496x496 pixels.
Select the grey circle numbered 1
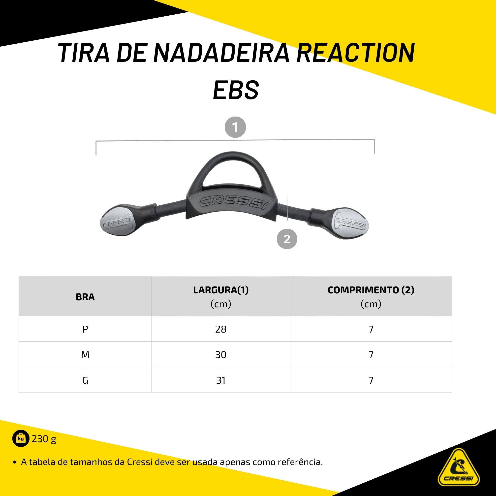[235, 127]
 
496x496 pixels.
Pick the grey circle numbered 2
[287, 239]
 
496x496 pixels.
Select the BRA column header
[85, 297]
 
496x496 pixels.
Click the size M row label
[85, 355]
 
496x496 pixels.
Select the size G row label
[85, 380]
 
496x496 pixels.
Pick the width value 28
[221, 329]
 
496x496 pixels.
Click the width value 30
[221, 355]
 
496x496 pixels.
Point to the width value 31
[221, 380]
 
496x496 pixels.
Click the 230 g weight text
[44, 439]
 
